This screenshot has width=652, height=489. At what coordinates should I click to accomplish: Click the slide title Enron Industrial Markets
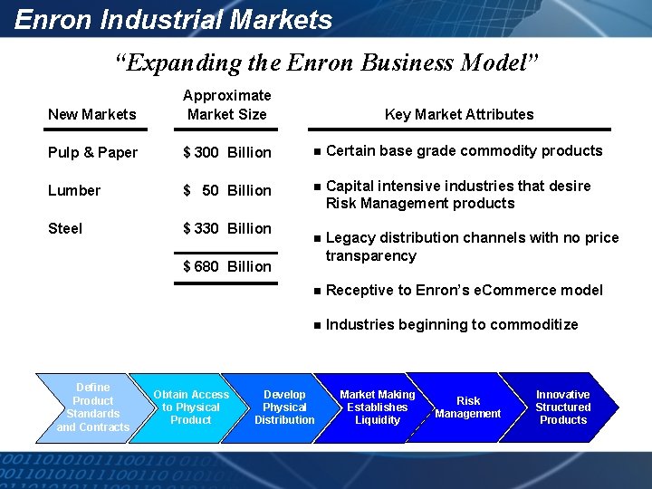(x=174, y=19)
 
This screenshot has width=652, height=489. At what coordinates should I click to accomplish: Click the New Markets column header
(x=91, y=114)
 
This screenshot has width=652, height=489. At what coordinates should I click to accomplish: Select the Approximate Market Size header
(x=226, y=105)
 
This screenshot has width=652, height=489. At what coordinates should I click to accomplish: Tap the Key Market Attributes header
(x=459, y=114)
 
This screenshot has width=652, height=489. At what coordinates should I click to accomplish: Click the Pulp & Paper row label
(x=92, y=152)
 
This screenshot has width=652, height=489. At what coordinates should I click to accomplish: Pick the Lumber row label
(x=74, y=190)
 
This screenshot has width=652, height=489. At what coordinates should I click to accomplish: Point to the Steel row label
(x=65, y=228)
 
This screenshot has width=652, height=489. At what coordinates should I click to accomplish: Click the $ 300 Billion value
(x=226, y=152)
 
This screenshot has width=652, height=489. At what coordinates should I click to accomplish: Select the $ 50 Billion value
(x=226, y=190)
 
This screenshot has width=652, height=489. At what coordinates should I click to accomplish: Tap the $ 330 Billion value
(x=226, y=228)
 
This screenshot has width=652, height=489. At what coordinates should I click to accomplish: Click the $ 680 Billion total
(x=226, y=266)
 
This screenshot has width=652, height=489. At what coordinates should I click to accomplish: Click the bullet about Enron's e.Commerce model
(x=464, y=290)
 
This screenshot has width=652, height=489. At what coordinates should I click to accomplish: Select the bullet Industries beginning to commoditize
(x=451, y=324)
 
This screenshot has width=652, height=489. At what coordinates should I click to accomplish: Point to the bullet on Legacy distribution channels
(x=472, y=246)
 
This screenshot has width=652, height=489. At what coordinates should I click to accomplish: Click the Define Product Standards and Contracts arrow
(x=92, y=407)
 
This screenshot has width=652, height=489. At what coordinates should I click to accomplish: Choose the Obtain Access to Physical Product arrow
(x=190, y=407)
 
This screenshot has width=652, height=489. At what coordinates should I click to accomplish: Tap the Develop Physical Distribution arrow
(x=284, y=407)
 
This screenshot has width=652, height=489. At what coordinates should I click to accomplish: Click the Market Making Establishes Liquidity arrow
(x=377, y=407)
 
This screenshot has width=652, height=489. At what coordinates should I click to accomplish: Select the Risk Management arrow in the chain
(x=468, y=407)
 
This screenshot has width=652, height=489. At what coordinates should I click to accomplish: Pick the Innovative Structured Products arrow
(x=562, y=407)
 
